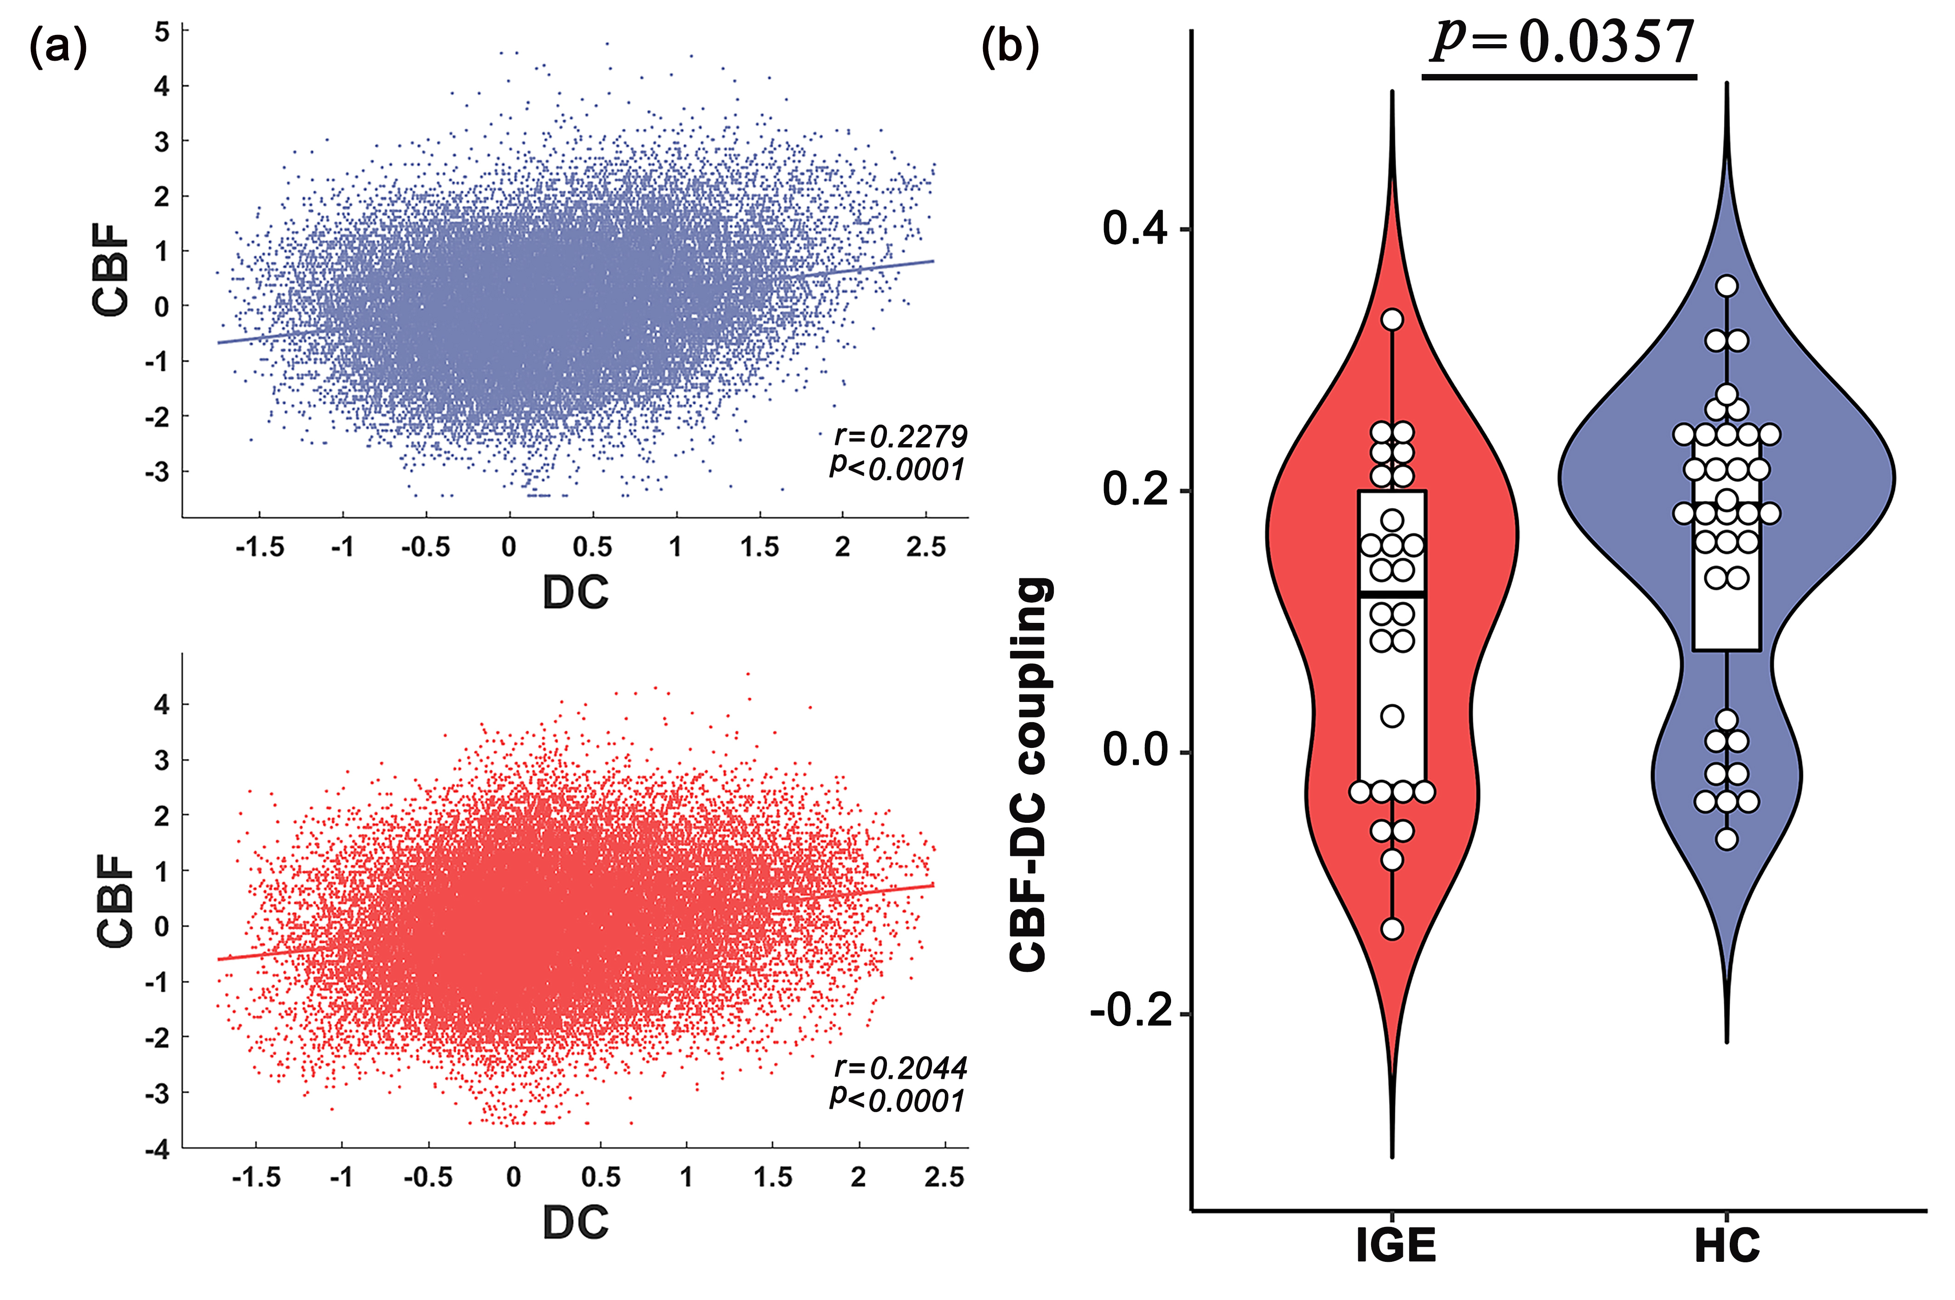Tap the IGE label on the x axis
pyautogui.click(x=1395, y=1246)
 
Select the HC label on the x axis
pyautogui.click(x=1727, y=1246)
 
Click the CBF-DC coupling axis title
pyautogui.click(x=1030, y=775)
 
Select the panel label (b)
pyautogui.click(x=1010, y=48)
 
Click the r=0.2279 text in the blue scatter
pyautogui.click(x=900, y=435)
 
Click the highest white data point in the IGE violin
pyautogui.click(x=1392, y=319)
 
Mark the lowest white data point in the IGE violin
pyautogui.click(x=1392, y=929)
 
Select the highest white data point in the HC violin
pyautogui.click(x=1727, y=286)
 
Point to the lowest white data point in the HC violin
pyautogui.click(x=1727, y=839)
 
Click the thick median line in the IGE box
pyautogui.click(x=1392, y=593)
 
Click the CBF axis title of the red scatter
pyautogui.click(x=114, y=901)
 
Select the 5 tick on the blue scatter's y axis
pyautogui.click(x=162, y=32)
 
